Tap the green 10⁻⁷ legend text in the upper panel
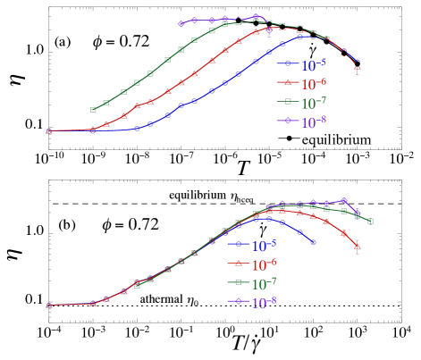tap(313, 104)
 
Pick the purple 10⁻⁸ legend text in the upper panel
tap(313, 123)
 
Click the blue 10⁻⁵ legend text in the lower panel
tap(264, 245)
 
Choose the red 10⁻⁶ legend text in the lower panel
tap(264, 264)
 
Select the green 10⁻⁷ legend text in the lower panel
tap(264, 284)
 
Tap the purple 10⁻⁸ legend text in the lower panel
tap(264, 304)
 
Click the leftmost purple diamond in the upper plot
tap(181, 23)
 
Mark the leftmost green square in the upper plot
tap(93, 110)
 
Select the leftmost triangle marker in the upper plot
tap(49, 131)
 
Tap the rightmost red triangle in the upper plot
tap(358, 67)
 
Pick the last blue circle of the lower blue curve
tap(313, 242)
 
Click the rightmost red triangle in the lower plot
tap(358, 247)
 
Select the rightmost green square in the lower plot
tap(370, 222)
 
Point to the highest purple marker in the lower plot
tap(344, 200)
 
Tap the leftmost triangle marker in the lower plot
tap(49, 305)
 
